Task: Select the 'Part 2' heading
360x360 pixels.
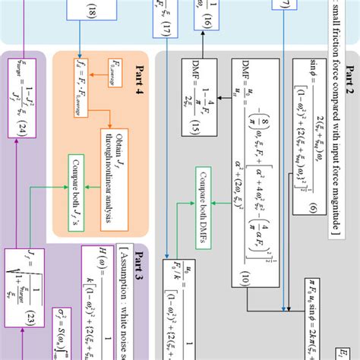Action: coord(350,75)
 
